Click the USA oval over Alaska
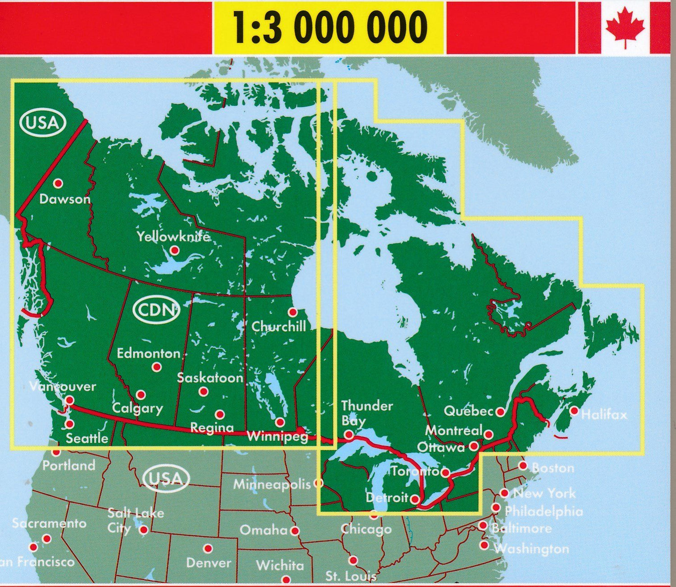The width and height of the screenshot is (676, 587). point(42,123)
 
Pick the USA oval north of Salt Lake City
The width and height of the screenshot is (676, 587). point(166,478)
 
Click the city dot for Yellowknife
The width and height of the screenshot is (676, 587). point(174,250)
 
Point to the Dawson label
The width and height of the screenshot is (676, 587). point(65,199)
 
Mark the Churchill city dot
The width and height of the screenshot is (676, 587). point(292,312)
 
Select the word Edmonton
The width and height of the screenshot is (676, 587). point(149,353)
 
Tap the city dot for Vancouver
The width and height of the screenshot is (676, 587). point(69,400)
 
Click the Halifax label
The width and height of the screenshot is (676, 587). point(604,414)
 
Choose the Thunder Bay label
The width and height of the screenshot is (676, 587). point(366,413)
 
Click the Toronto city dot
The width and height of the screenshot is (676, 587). point(445,472)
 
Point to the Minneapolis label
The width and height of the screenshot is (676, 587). point(272,485)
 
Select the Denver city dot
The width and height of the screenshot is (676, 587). point(208,549)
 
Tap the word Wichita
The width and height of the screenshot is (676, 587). point(280,565)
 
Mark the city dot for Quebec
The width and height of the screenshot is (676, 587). point(500,412)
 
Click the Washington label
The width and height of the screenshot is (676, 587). point(531,549)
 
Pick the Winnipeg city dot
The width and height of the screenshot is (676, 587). point(280,422)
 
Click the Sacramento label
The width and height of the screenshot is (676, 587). point(49,523)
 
